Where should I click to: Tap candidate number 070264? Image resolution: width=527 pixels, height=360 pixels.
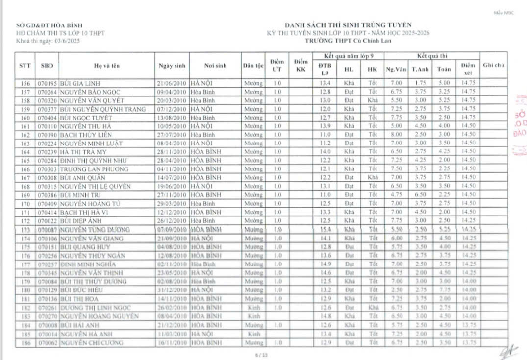click(48, 92)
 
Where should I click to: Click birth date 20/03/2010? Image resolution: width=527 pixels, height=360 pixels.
click(171, 100)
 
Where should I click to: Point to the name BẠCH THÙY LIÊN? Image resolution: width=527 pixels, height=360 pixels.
click(82, 135)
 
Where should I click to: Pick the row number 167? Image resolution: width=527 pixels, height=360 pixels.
click(25, 178)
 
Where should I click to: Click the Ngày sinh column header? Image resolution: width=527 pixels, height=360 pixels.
click(171, 66)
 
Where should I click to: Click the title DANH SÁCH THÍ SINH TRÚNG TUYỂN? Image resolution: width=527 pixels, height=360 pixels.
click(348, 25)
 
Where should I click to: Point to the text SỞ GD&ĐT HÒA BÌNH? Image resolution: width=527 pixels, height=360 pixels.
click(50, 25)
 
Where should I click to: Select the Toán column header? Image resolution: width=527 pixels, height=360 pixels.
click(444, 69)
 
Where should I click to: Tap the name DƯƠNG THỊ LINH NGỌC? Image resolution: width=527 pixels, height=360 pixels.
click(96, 307)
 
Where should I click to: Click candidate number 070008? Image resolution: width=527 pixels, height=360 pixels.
click(48, 325)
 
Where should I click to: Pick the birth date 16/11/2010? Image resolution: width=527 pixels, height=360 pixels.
click(171, 342)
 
